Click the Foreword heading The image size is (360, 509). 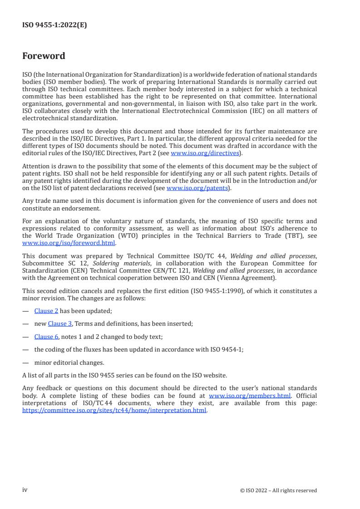pos(44,56)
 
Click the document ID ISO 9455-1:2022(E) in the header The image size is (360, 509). pos(54,25)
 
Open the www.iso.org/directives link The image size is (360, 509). pos(205,153)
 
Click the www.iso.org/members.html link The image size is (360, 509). pos(250,394)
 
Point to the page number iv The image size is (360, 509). pos(25,490)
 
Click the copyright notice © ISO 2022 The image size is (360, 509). pos(278,490)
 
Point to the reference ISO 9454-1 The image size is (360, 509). pos(227,350)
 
